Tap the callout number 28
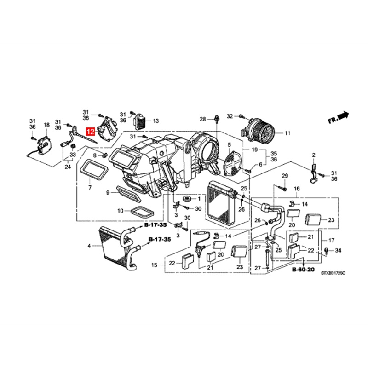pyautogui.click(x=202, y=120)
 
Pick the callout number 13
pyautogui.click(x=155, y=121)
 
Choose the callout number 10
pyautogui.click(x=120, y=211)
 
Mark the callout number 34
pyautogui.click(x=339, y=250)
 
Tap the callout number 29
pyautogui.click(x=284, y=176)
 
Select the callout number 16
pyautogui.click(x=296, y=189)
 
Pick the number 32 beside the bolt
pyautogui.click(x=230, y=115)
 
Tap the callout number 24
pyautogui.click(x=68, y=167)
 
